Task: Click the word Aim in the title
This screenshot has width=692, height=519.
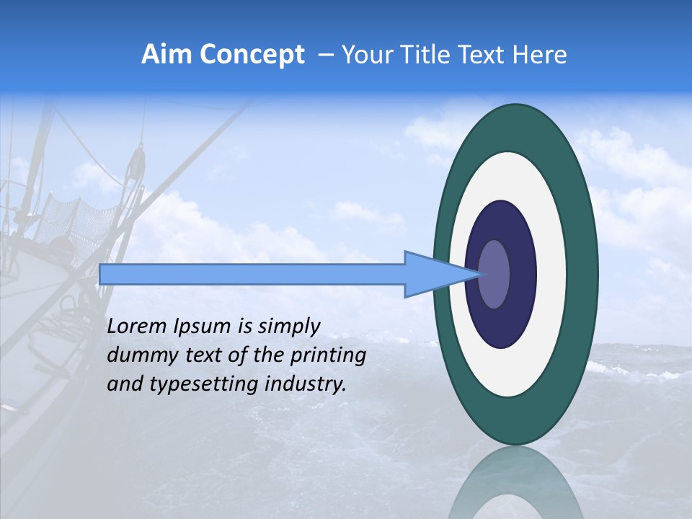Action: (167, 55)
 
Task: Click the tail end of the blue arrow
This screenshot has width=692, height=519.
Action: (105, 275)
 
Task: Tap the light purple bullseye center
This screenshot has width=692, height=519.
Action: (494, 275)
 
